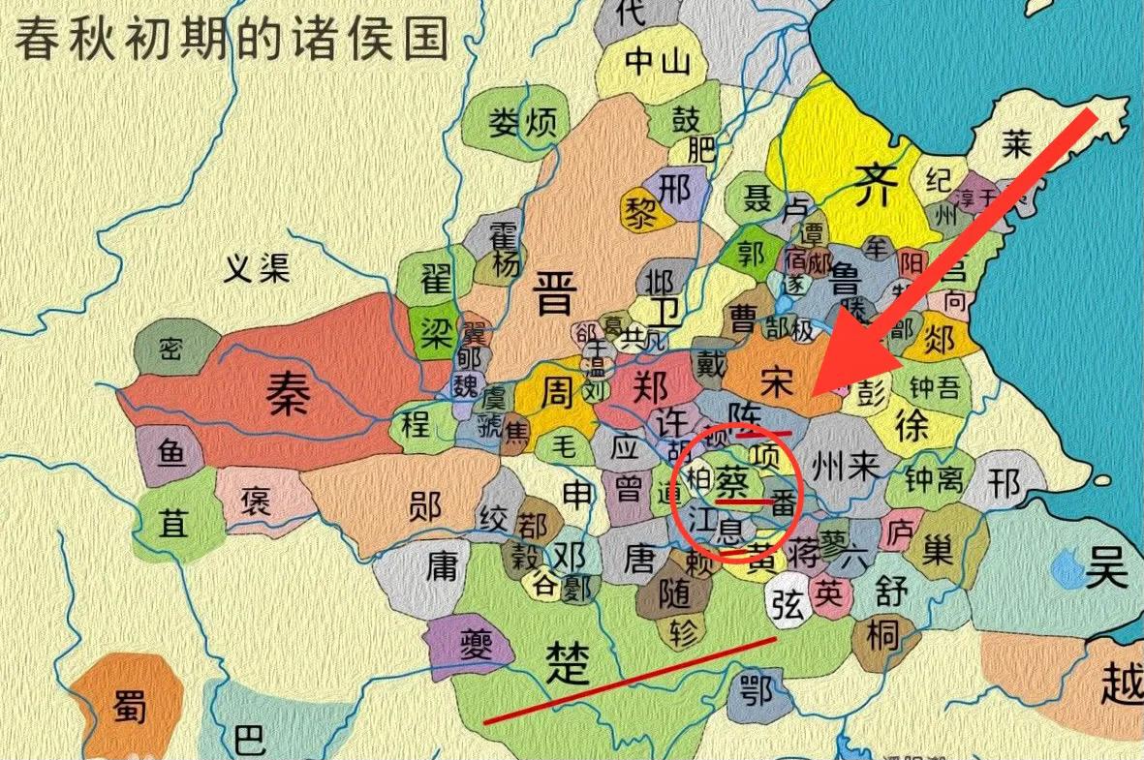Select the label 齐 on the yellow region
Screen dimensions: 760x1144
tap(869, 181)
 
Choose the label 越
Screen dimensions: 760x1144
tap(1122, 684)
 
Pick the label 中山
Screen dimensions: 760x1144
tap(658, 63)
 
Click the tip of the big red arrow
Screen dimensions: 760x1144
tap(814, 392)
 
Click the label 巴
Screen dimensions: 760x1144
tap(249, 741)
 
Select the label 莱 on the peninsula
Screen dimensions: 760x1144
tap(1016, 145)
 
